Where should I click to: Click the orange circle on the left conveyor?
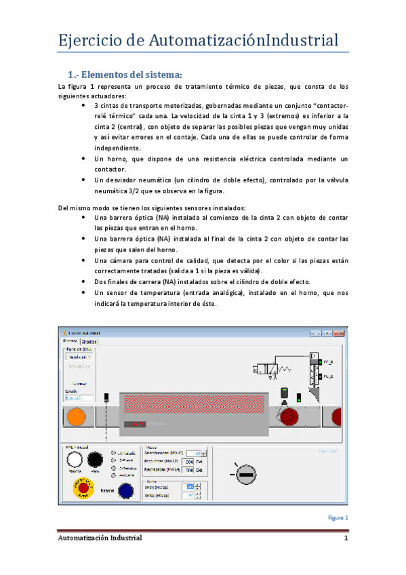tap(76, 417)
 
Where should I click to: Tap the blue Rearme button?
tap(125, 490)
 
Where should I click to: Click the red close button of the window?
tap(342, 333)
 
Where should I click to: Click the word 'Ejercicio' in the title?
tap(85, 40)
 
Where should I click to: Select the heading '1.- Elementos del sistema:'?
tap(125, 74)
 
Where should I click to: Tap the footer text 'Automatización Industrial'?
tap(99, 538)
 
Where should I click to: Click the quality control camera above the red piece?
tap(285, 393)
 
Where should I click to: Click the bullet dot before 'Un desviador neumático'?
tap(83, 180)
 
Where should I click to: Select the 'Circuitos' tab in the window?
tap(89, 342)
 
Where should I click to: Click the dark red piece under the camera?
tap(291, 416)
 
